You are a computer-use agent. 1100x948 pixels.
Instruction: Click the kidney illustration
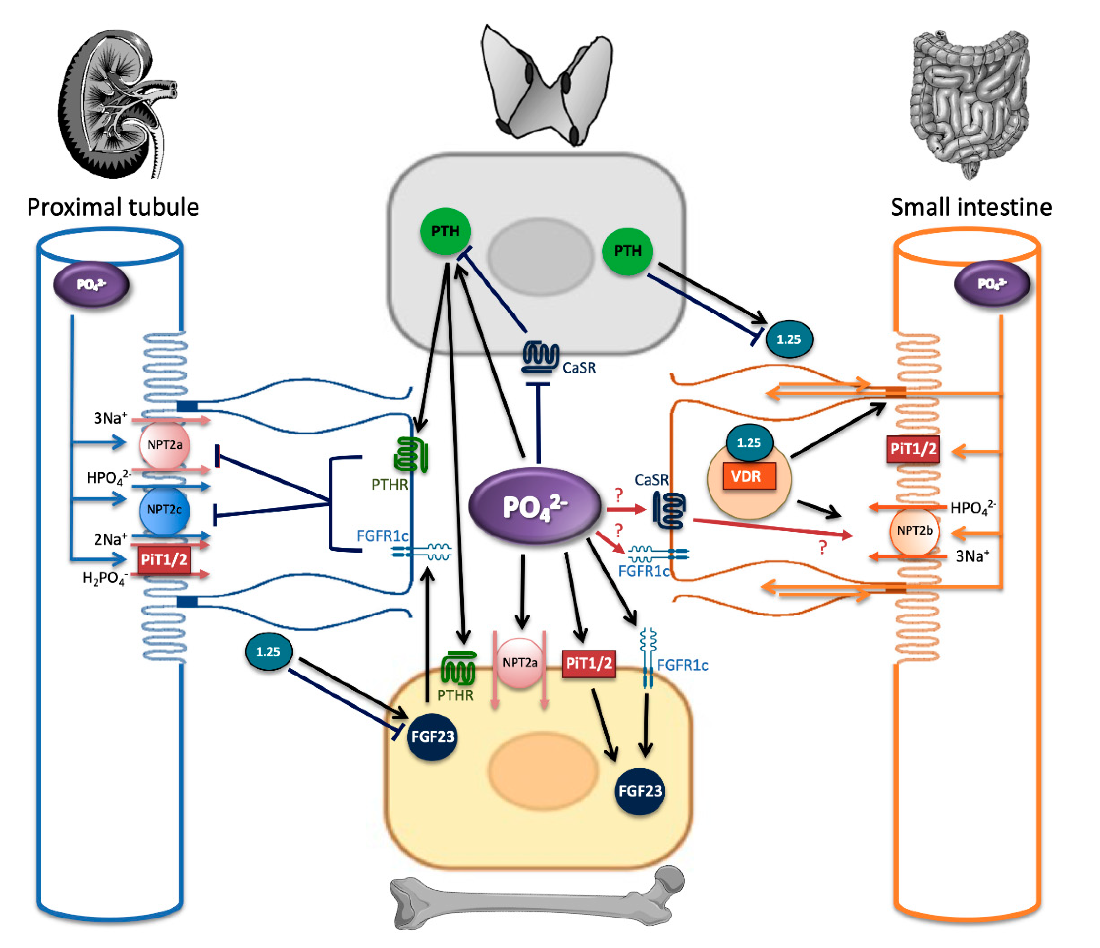pos(117,104)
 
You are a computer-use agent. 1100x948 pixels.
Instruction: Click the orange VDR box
pos(749,476)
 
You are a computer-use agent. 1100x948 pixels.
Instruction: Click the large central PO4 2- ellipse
pos(535,506)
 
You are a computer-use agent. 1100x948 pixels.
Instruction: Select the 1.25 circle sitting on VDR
pos(749,442)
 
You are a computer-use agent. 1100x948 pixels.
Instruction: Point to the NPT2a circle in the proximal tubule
pos(165,445)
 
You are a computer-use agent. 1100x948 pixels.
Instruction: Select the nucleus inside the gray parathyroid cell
pos(540,256)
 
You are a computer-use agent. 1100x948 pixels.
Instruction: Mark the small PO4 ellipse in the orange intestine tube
pos(992,284)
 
